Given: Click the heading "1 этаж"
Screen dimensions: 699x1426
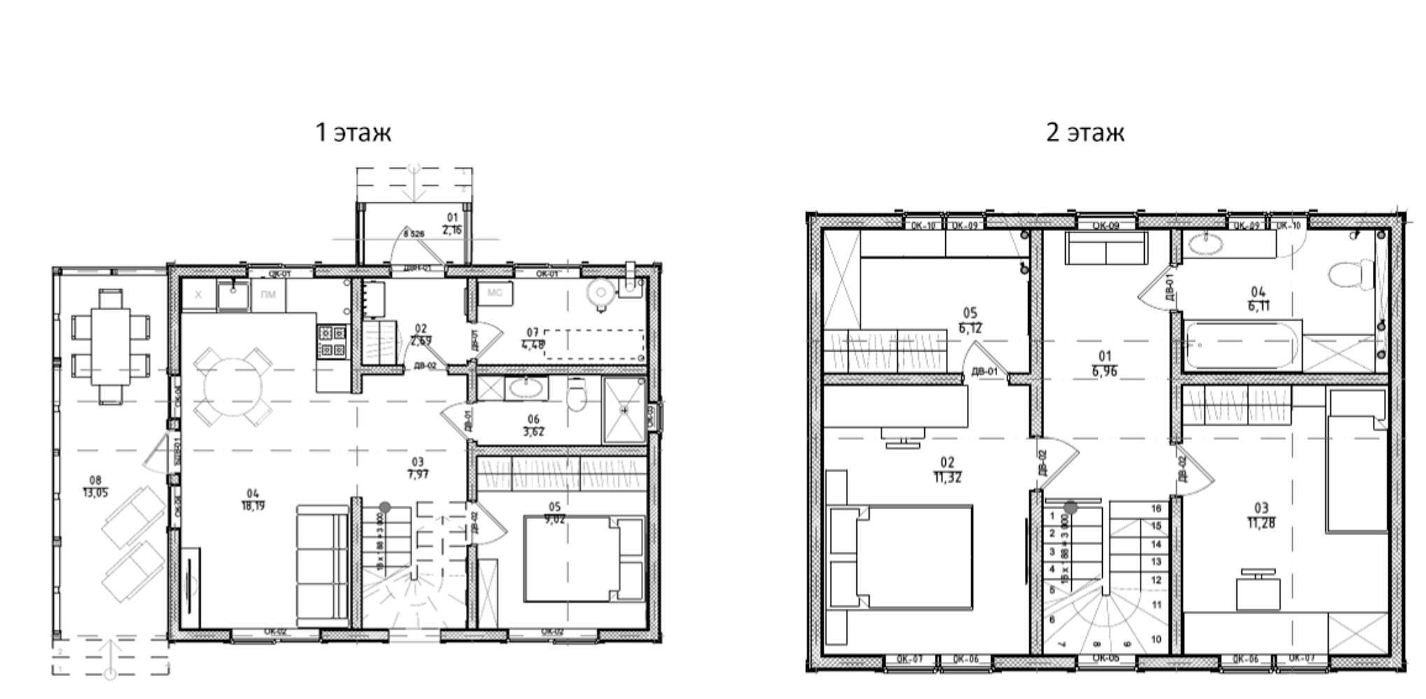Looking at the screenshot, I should pos(353,132).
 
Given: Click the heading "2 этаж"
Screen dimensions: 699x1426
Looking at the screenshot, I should pos(1085,132).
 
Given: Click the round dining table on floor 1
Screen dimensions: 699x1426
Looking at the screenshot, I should pos(233,387).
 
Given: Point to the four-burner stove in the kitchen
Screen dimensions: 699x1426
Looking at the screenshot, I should pos(332,341).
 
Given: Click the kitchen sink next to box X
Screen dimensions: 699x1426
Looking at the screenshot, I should pos(232,295).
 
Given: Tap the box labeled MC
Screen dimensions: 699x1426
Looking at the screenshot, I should pos(495,293).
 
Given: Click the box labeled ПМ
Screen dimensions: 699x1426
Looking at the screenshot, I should pos(268,295).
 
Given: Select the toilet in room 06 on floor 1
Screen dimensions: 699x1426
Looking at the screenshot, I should pos(577,396).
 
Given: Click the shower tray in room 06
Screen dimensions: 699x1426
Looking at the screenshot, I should pos(623,410).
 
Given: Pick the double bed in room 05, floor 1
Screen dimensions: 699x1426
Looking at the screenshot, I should pos(582,559).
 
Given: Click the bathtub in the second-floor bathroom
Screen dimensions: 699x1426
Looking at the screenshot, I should pos(1242,345).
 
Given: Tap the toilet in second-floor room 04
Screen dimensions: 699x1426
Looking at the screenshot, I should pos(1351,275).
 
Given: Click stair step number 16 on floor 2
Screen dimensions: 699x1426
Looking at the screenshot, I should pos(1156,508).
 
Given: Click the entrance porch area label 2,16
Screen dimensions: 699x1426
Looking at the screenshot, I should pos(452,230).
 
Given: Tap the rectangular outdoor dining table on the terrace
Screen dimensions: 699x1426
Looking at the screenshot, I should pos(111,347).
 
